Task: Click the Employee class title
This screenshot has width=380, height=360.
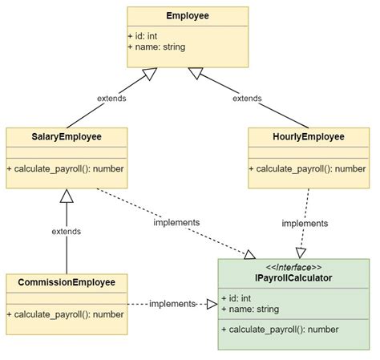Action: click(x=188, y=16)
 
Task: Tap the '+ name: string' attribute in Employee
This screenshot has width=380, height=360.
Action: click(x=157, y=47)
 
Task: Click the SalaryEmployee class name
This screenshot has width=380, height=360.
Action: click(x=66, y=137)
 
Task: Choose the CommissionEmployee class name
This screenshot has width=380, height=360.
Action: click(x=66, y=282)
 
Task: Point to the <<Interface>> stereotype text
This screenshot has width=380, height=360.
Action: click(x=293, y=267)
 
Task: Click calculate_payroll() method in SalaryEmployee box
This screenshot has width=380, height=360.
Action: click(x=66, y=168)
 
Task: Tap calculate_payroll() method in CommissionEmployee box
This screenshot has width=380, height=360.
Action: click(x=66, y=313)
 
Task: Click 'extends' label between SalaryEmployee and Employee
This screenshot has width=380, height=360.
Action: click(x=111, y=99)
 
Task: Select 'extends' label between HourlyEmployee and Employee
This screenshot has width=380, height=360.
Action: click(x=247, y=99)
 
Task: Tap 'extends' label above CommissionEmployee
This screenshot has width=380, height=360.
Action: click(x=67, y=231)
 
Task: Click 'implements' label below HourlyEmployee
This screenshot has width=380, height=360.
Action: click(x=305, y=224)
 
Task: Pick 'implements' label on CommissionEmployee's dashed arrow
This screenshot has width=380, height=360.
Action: click(x=172, y=304)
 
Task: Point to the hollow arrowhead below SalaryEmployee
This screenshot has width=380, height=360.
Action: click(x=67, y=196)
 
